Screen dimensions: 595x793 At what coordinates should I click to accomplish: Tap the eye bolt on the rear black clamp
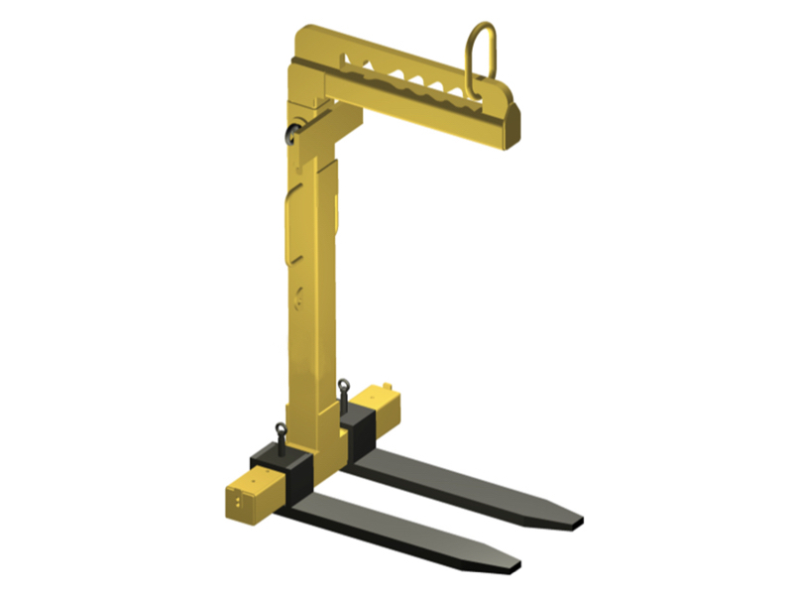[x=343, y=390]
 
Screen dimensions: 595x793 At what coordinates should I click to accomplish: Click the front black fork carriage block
[x=283, y=464]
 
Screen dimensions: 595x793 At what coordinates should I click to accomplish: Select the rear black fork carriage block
[x=355, y=420]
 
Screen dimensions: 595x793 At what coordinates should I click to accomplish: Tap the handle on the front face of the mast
[x=288, y=228]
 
